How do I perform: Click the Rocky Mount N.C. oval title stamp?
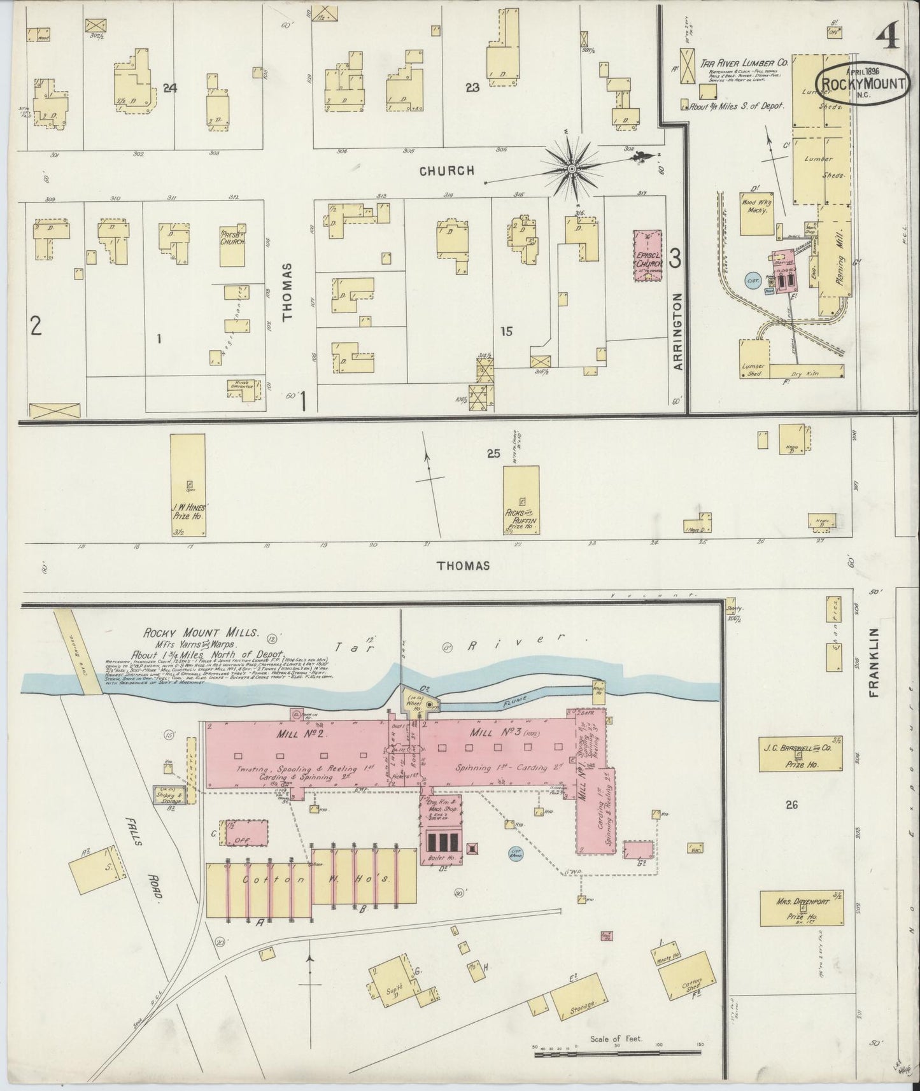pyautogui.click(x=863, y=83)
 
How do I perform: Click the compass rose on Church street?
pyautogui.click(x=571, y=169)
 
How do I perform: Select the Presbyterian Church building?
pyautogui.click(x=232, y=246)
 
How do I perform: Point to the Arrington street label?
pyautogui.click(x=678, y=331)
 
